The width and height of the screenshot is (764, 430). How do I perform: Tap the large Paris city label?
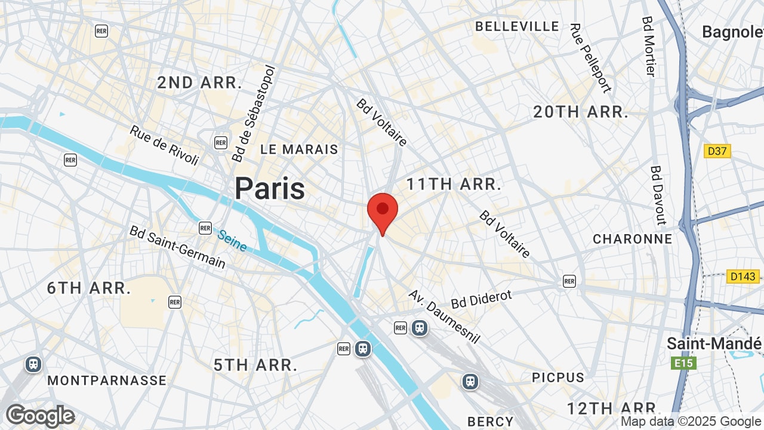click(x=270, y=189)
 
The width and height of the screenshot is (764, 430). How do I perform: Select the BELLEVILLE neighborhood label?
click(x=517, y=26)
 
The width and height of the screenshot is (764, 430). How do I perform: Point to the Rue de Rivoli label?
click(x=164, y=145)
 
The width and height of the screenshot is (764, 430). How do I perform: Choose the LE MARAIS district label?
click(x=299, y=149)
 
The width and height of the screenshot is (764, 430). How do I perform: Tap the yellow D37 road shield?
click(x=717, y=151)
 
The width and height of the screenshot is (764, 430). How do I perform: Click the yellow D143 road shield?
click(x=743, y=277)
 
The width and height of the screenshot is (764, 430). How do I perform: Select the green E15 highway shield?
click(x=683, y=363)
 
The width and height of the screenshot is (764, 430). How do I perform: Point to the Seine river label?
click(x=232, y=241)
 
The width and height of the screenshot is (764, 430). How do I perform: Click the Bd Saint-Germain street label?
click(x=177, y=247)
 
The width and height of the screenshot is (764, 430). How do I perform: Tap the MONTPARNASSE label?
click(x=107, y=380)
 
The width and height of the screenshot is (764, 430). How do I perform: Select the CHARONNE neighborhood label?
click(x=633, y=239)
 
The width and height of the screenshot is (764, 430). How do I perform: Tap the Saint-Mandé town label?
click(x=714, y=344)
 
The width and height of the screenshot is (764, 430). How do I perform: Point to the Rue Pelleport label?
click(x=590, y=59)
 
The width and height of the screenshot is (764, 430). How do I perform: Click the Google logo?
click(x=41, y=416)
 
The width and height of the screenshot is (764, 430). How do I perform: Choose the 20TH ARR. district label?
click(x=581, y=112)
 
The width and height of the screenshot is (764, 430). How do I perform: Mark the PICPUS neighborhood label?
click(x=558, y=377)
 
